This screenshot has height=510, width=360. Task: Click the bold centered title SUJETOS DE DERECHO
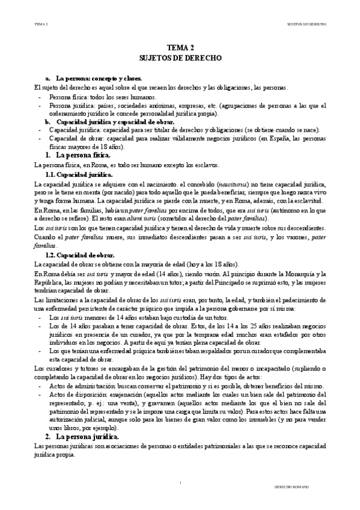pos(180,59)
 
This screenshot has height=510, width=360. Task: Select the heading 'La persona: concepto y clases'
pos(99,79)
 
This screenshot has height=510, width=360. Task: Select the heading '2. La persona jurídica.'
pos(84,435)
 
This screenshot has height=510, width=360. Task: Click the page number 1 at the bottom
pos(180,483)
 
